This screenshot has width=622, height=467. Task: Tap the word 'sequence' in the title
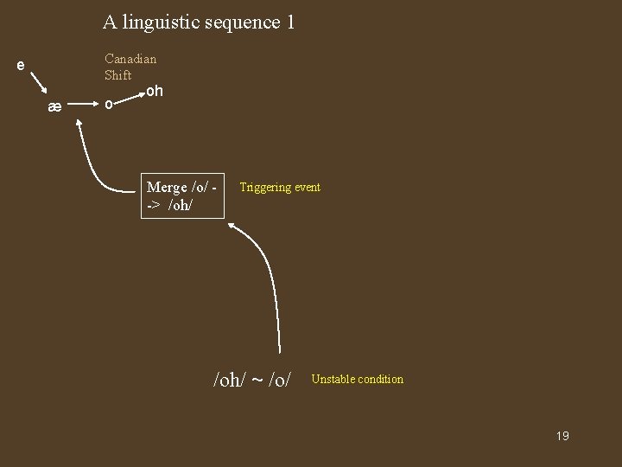click(x=243, y=22)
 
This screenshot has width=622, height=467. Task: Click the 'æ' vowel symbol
click(x=54, y=107)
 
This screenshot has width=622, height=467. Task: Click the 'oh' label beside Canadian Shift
click(x=154, y=91)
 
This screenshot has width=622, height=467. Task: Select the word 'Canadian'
click(x=130, y=59)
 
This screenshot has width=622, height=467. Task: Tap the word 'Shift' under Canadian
click(x=118, y=75)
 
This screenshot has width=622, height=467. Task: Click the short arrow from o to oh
click(x=131, y=97)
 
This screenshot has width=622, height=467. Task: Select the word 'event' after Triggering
click(x=308, y=187)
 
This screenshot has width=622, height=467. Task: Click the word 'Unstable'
click(x=331, y=379)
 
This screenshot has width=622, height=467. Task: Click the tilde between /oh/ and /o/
click(x=257, y=380)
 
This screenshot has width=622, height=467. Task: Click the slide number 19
click(x=562, y=436)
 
